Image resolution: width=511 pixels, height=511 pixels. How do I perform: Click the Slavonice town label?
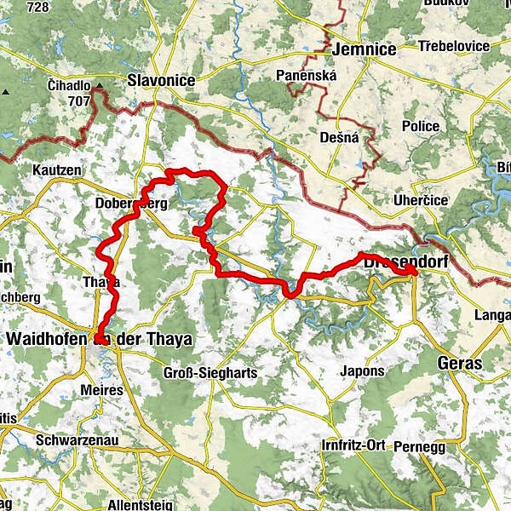pyautogui.click(x=161, y=81)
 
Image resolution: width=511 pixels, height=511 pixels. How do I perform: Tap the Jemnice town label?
pyautogui.click(x=365, y=49)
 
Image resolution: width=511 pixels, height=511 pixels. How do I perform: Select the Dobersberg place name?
pyautogui.click(x=126, y=205)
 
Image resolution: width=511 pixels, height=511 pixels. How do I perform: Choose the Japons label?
pyautogui.click(x=362, y=370)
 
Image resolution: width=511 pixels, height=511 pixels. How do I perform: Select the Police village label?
pyautogui.click(x=421, y=126)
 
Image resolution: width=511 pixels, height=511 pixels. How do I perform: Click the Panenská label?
pyautogui.click(x=307, y=76)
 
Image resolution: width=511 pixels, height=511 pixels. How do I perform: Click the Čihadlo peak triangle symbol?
pyautogui.click(x=99, y=85)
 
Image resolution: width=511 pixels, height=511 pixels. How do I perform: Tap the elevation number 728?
pyautogui.click(x=37, y=7)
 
